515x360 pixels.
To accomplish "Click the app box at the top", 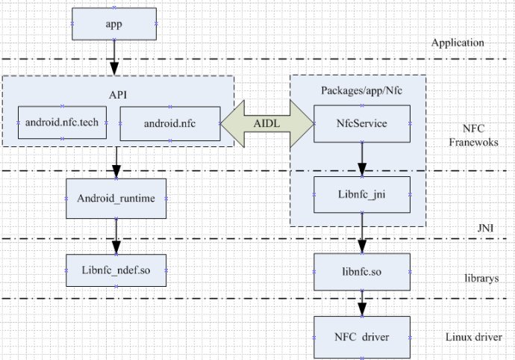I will tap(114, 23).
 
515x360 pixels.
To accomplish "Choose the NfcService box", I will tap(361, 123).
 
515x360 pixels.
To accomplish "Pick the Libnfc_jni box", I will tap(361, 194).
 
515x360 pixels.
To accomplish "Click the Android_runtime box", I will tap(116, 199).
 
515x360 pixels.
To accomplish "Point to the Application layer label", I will tap(458, 43).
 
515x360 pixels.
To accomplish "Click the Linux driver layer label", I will tap(478, 336).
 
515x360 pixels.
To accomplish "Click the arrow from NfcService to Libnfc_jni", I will tap(361, 158).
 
